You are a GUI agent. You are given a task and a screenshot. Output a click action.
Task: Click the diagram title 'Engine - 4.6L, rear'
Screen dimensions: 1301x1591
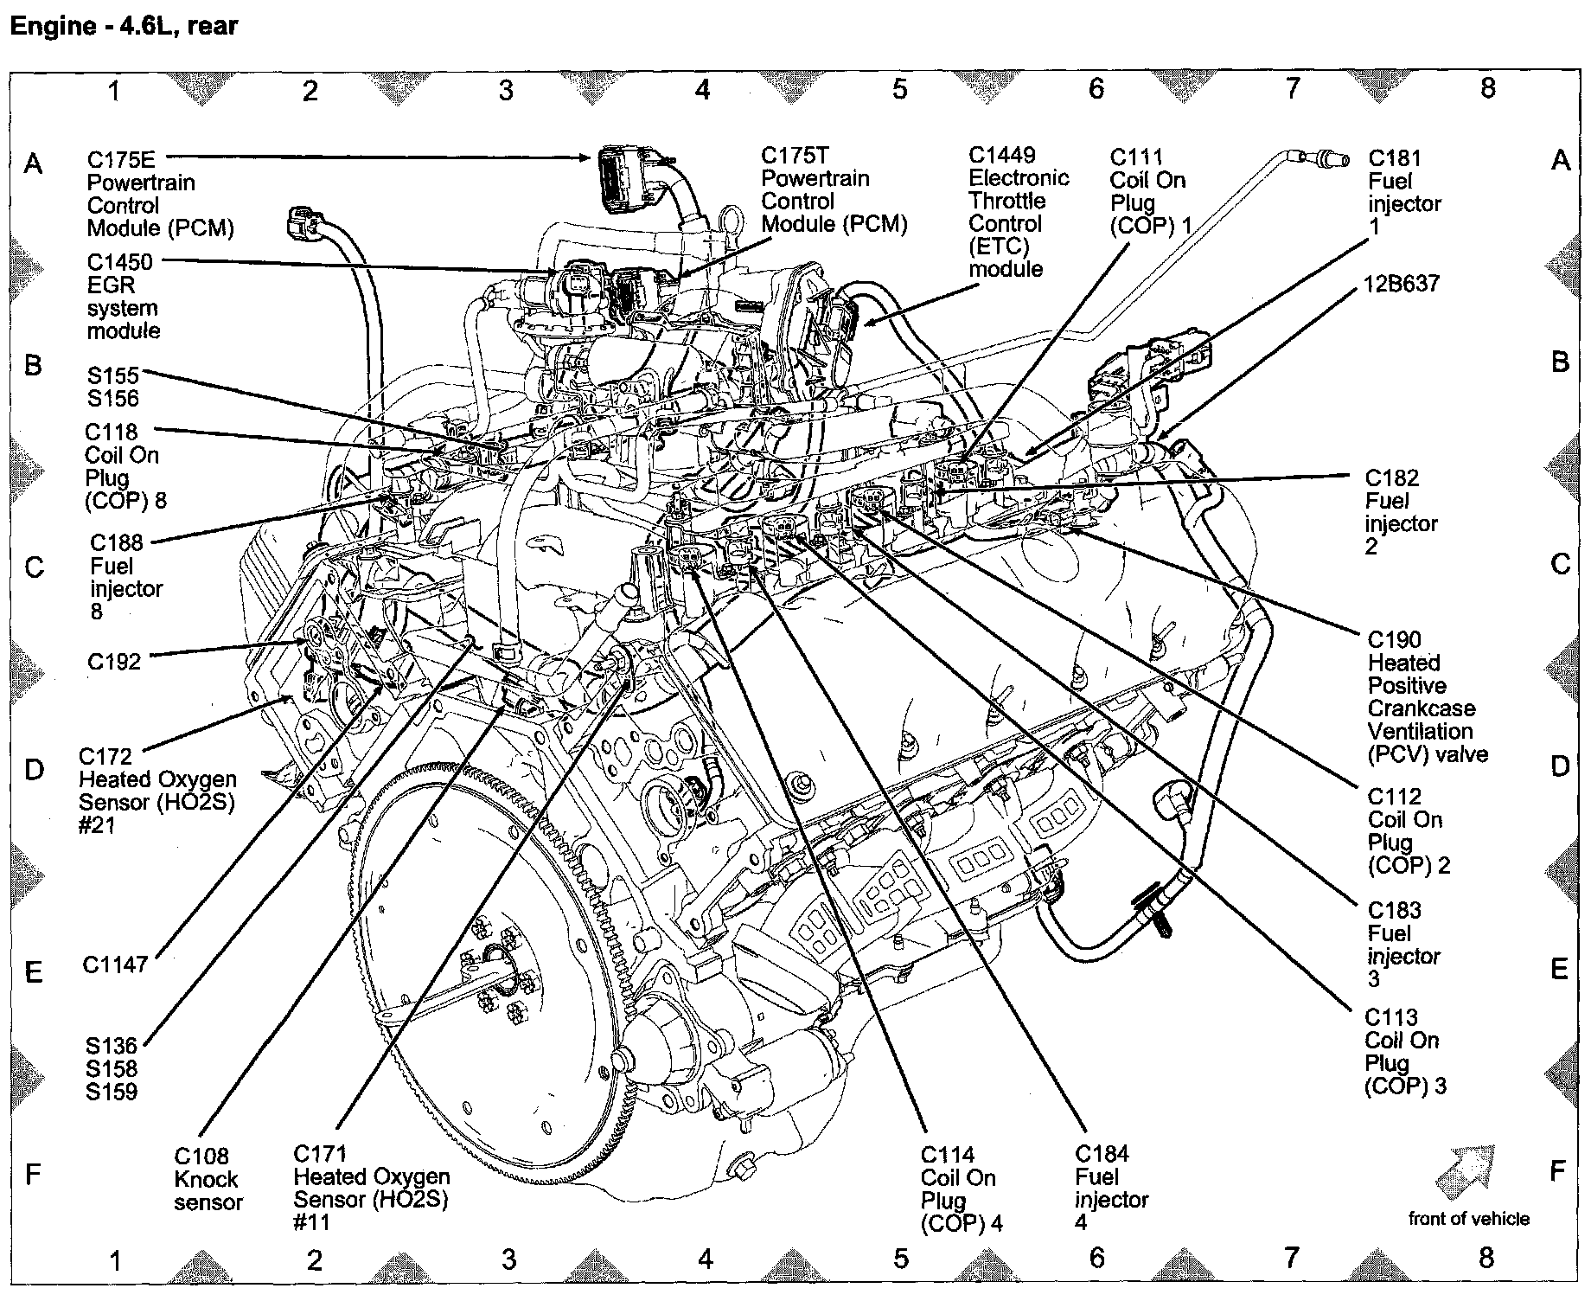(122, 26)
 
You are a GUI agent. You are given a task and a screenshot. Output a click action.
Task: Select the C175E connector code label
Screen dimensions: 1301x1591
(121, 160)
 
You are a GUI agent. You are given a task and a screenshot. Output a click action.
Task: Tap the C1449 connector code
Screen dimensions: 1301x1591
(1001, 156)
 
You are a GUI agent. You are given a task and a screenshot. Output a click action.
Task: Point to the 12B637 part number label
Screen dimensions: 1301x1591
(1402, 285)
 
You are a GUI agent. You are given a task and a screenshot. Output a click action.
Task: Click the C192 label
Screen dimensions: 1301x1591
(113, 663)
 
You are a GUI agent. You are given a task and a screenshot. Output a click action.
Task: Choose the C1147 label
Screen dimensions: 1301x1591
(115, 965)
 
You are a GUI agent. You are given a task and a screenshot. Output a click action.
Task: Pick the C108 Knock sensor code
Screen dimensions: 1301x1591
(201, 1157)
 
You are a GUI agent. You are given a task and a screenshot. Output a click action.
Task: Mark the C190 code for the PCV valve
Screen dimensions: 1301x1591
(1394, 640)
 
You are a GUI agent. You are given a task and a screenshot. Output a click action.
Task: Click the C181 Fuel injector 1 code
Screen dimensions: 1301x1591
(1395, 159)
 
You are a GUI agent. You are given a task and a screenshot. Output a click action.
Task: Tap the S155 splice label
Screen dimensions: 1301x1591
(112, 376)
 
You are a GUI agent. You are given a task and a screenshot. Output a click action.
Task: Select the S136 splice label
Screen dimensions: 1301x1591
(111, 1047)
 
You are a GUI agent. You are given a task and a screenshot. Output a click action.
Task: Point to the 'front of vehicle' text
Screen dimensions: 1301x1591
(1468, 1219)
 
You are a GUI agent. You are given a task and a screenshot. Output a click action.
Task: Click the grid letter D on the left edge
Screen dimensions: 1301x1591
(34, 769)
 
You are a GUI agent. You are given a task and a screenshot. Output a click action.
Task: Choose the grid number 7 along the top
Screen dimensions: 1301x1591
(1292, 88)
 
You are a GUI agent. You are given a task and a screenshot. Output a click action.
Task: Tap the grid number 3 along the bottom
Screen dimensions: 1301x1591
(508, 1259)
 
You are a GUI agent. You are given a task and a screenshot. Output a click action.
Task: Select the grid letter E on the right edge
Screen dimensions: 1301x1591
(1559, 969)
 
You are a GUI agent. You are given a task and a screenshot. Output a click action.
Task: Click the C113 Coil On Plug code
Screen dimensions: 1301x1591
(1391, 1018)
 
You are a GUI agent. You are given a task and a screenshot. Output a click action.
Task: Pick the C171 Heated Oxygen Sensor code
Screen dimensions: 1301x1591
(320, 1155)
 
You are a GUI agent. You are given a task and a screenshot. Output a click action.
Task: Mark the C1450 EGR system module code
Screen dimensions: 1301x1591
(119, 263)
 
